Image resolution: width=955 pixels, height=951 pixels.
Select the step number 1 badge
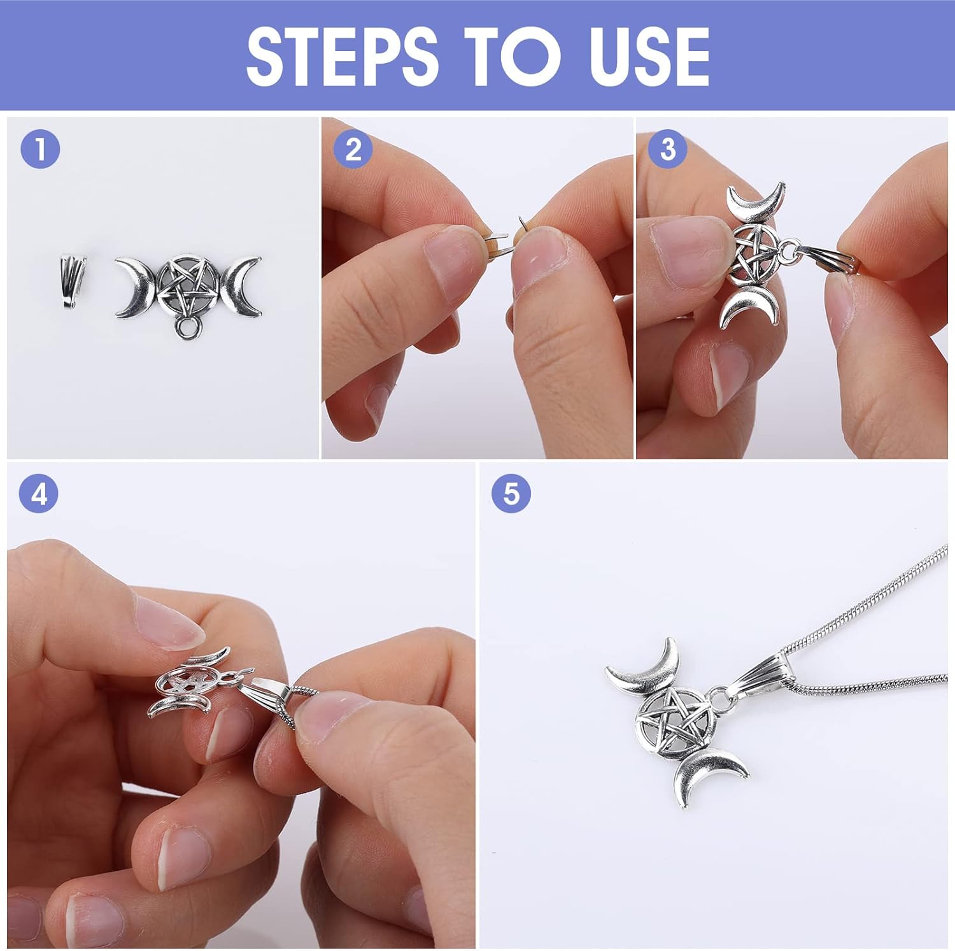40,150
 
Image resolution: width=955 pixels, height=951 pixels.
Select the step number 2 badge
353,150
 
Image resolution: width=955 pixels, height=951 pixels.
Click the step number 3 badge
668,150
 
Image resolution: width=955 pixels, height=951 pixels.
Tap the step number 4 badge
39,494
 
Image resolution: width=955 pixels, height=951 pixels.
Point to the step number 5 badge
511,494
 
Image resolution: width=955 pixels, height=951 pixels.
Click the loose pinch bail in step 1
74,282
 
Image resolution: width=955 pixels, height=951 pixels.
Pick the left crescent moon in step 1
134,288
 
